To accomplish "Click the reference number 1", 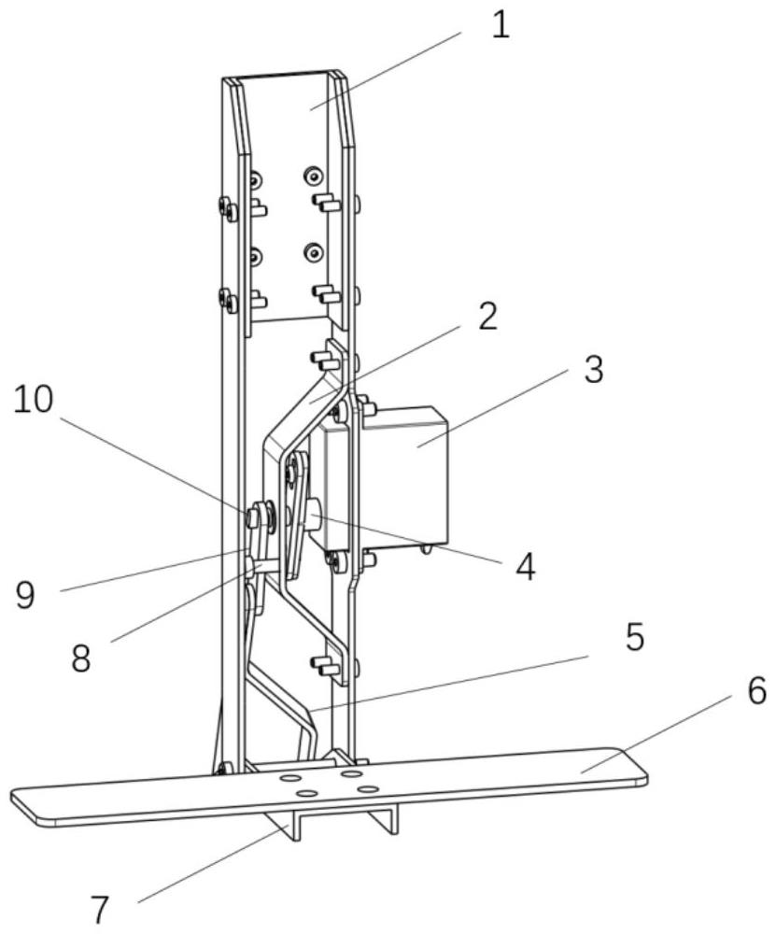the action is point(501,24).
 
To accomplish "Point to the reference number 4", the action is point(526,566).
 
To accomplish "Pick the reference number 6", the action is point(755,692).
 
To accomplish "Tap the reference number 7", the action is point(99,908).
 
